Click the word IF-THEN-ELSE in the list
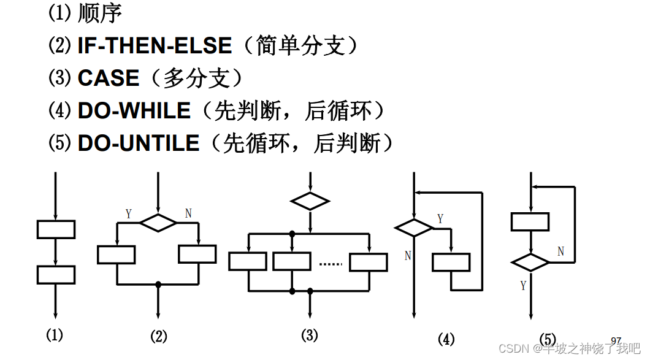pyautogui.click(x=155, y=46)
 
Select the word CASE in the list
pyautogui.click(x=109, y=79)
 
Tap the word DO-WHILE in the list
pyautogui.click(x=134, y=111)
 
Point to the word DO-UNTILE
pyautogui.click(x=139, y=144)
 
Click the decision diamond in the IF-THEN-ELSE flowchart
pyautogui.click(x=158, y=223)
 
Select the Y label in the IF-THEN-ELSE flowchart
pyautogui.click(x=128, y=213)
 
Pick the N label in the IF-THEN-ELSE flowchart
pyautogui.click(x=188, y=213)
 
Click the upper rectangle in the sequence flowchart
pyautogui.click(x=56, y=229)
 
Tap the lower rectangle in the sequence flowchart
pyautogui.click(x=56, y=275)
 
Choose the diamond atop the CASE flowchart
pyautogui.click(x=310, y=201)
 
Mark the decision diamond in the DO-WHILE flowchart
pyautogui.click(x=414, y=228)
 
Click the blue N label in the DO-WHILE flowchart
pyautogui.click(x=407, y=255)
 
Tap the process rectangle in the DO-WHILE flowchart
pyautogui.click(x=451, y=262)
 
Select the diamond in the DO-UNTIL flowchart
pyautogui.click(x=530, y=262)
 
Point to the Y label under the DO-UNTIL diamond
pyautogui.click(x=523, y=285)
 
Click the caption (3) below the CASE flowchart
pyautogui.click(x=310, y=335)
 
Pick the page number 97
pyautogui.click(x=616, y=340)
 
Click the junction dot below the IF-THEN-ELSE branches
pyautogui.click(x=158, y=285)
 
